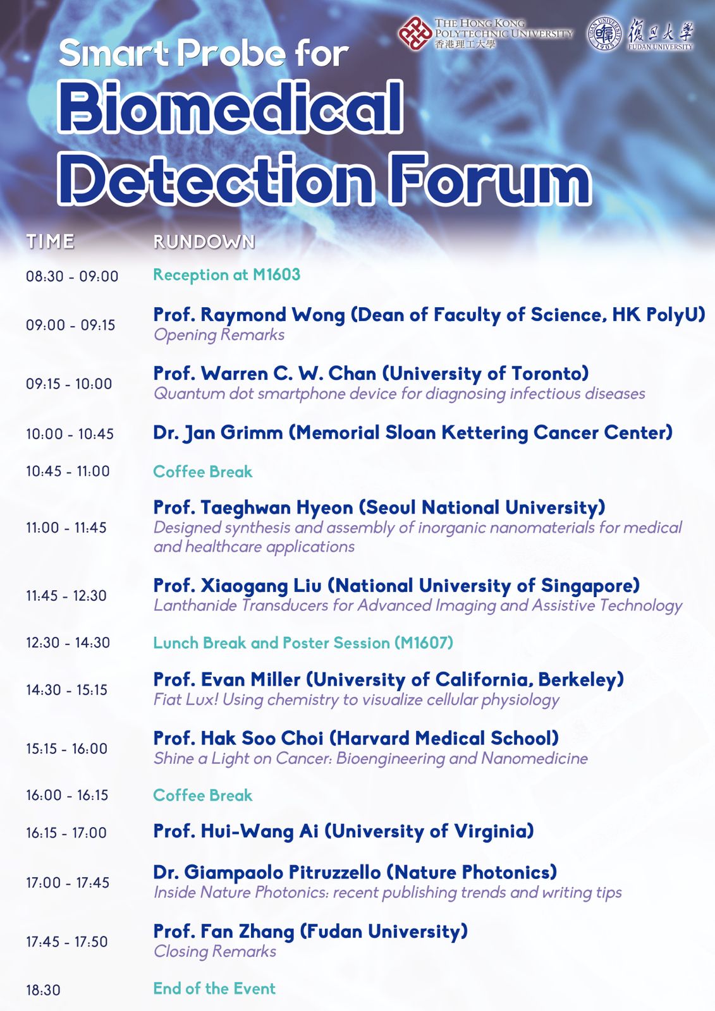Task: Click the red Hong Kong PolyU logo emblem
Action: tap(415, 33)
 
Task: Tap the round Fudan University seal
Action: tap(604, 33)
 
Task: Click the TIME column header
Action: tap(50, 241)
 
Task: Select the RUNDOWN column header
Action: tap(204, 241)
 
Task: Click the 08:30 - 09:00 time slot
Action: tap(72, 275)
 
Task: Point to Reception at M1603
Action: tap(227, 274)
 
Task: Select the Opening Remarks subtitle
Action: tap(219, 335)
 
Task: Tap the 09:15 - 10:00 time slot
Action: tap(69, 384)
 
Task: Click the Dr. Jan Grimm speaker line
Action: tap(413, 432)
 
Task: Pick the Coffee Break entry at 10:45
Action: tap(203, 471)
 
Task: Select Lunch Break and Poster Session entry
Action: tap(303, 642)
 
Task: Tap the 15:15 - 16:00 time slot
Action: tap(66, 748)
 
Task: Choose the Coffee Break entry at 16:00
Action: tap(203, 795)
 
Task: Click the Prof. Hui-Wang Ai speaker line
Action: tap(343, 831)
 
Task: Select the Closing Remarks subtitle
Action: tap(215, 952)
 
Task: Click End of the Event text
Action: tap(214, 988)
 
